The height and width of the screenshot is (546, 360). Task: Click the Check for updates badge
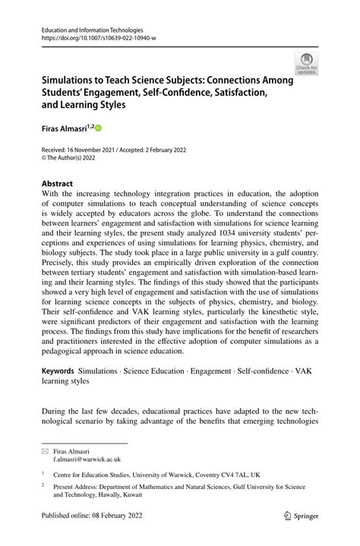coord(307,65)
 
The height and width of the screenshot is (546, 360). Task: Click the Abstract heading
coord(52,183)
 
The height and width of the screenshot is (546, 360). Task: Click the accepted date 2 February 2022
coord(165,150)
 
